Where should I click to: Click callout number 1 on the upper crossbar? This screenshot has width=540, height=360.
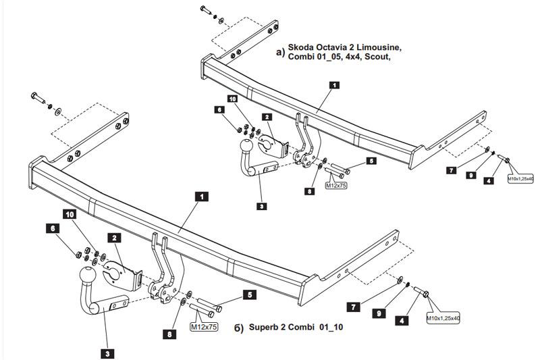coord(334,86)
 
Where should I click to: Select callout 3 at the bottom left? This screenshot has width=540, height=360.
coord(107,352)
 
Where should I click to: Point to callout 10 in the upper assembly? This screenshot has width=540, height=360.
coord(233,99)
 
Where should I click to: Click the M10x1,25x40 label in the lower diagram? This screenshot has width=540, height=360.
coord(442,317)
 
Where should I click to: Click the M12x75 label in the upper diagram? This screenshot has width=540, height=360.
coord(335,185)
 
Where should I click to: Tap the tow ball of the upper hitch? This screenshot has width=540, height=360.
coord(247,145)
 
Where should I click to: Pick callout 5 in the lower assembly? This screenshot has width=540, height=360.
coord(249,294)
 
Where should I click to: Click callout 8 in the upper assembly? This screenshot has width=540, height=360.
coord(309,191)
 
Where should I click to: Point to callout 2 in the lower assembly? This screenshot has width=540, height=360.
coord(115,238)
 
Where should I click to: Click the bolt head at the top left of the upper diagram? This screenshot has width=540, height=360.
coord(204,9)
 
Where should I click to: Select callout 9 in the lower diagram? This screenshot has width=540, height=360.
coord(379,314)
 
